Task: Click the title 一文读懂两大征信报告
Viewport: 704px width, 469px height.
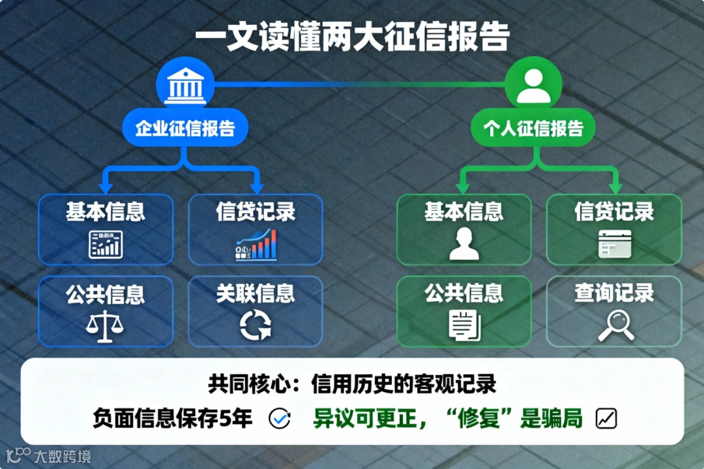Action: [x=352, y=37]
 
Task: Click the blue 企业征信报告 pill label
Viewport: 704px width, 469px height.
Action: [x=185, y=128]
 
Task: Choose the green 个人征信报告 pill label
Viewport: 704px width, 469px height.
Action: [x=533, y=128]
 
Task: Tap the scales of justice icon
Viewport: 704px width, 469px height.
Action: [x=105, y=326]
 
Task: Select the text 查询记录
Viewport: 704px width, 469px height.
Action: [x=614, y=294]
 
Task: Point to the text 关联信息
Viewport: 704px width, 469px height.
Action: [x=256, y=294]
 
